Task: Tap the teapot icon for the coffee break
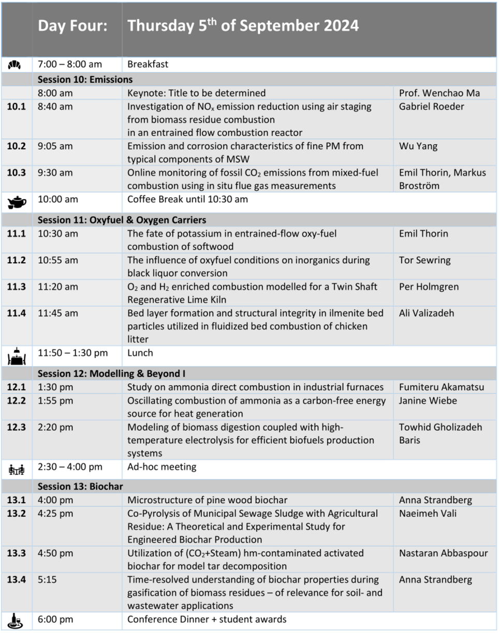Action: tap(17, 202)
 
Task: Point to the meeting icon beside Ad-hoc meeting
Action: tap(16, 469)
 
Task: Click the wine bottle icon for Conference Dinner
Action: tap(17, 620)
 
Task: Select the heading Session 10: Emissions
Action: tap(85, 80)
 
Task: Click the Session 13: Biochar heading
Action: tap(80, 486)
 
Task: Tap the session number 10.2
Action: tap(17, 146)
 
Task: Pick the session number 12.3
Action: tap(17, 427)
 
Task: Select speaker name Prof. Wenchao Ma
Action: tap(439, 93)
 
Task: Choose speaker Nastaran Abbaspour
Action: tap(443, 553)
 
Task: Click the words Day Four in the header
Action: tap(72, 25)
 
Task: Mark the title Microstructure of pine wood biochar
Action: tap(207, 500)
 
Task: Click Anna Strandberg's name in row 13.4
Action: tap(435, 580)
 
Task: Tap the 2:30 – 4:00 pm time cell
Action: tap(70, 467)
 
